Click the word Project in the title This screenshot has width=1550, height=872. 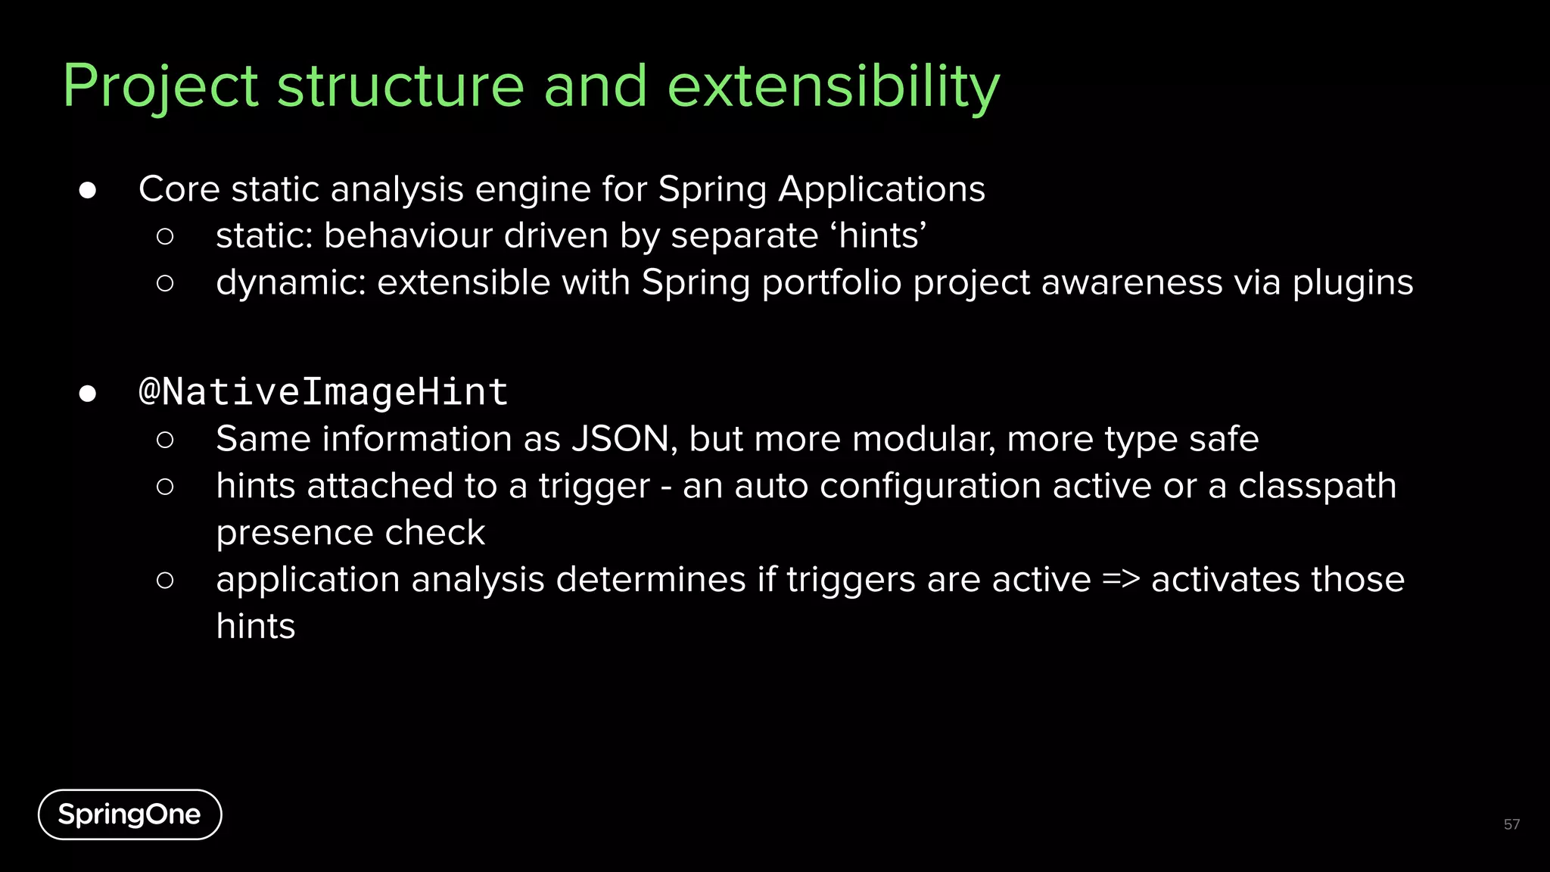160,87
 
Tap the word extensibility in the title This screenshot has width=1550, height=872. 833,87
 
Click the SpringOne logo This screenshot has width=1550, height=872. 129,814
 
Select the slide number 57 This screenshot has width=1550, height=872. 1511,824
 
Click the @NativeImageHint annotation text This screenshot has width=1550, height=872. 323,392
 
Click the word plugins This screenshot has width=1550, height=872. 1352,283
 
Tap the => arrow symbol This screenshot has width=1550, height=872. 1121,580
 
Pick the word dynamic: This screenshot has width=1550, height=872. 291,283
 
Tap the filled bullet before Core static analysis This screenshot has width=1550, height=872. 88,190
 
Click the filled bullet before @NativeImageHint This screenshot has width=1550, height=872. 88,394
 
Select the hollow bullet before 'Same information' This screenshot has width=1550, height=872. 165,440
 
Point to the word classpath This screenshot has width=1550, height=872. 1317,487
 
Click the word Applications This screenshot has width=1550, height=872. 882,189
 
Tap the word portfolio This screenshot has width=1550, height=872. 831,283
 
